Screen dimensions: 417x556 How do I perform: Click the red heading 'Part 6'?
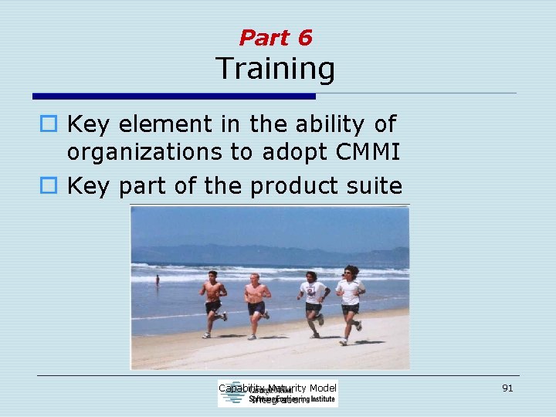click(x=276, y=37)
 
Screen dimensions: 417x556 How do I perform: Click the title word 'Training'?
click(x=276, y=69)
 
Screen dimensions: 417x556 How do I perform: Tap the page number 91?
click(x=507, y=388)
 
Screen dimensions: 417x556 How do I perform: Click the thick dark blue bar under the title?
click(x=174, y=97)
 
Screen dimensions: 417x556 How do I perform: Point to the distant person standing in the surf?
click(x=158, y=280)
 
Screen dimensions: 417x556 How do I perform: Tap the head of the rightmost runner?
click(x=351, y=272)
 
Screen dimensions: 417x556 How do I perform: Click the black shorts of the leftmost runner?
click(x=213, y=307)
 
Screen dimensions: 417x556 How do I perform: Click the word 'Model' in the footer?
click(x=322, y=388)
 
